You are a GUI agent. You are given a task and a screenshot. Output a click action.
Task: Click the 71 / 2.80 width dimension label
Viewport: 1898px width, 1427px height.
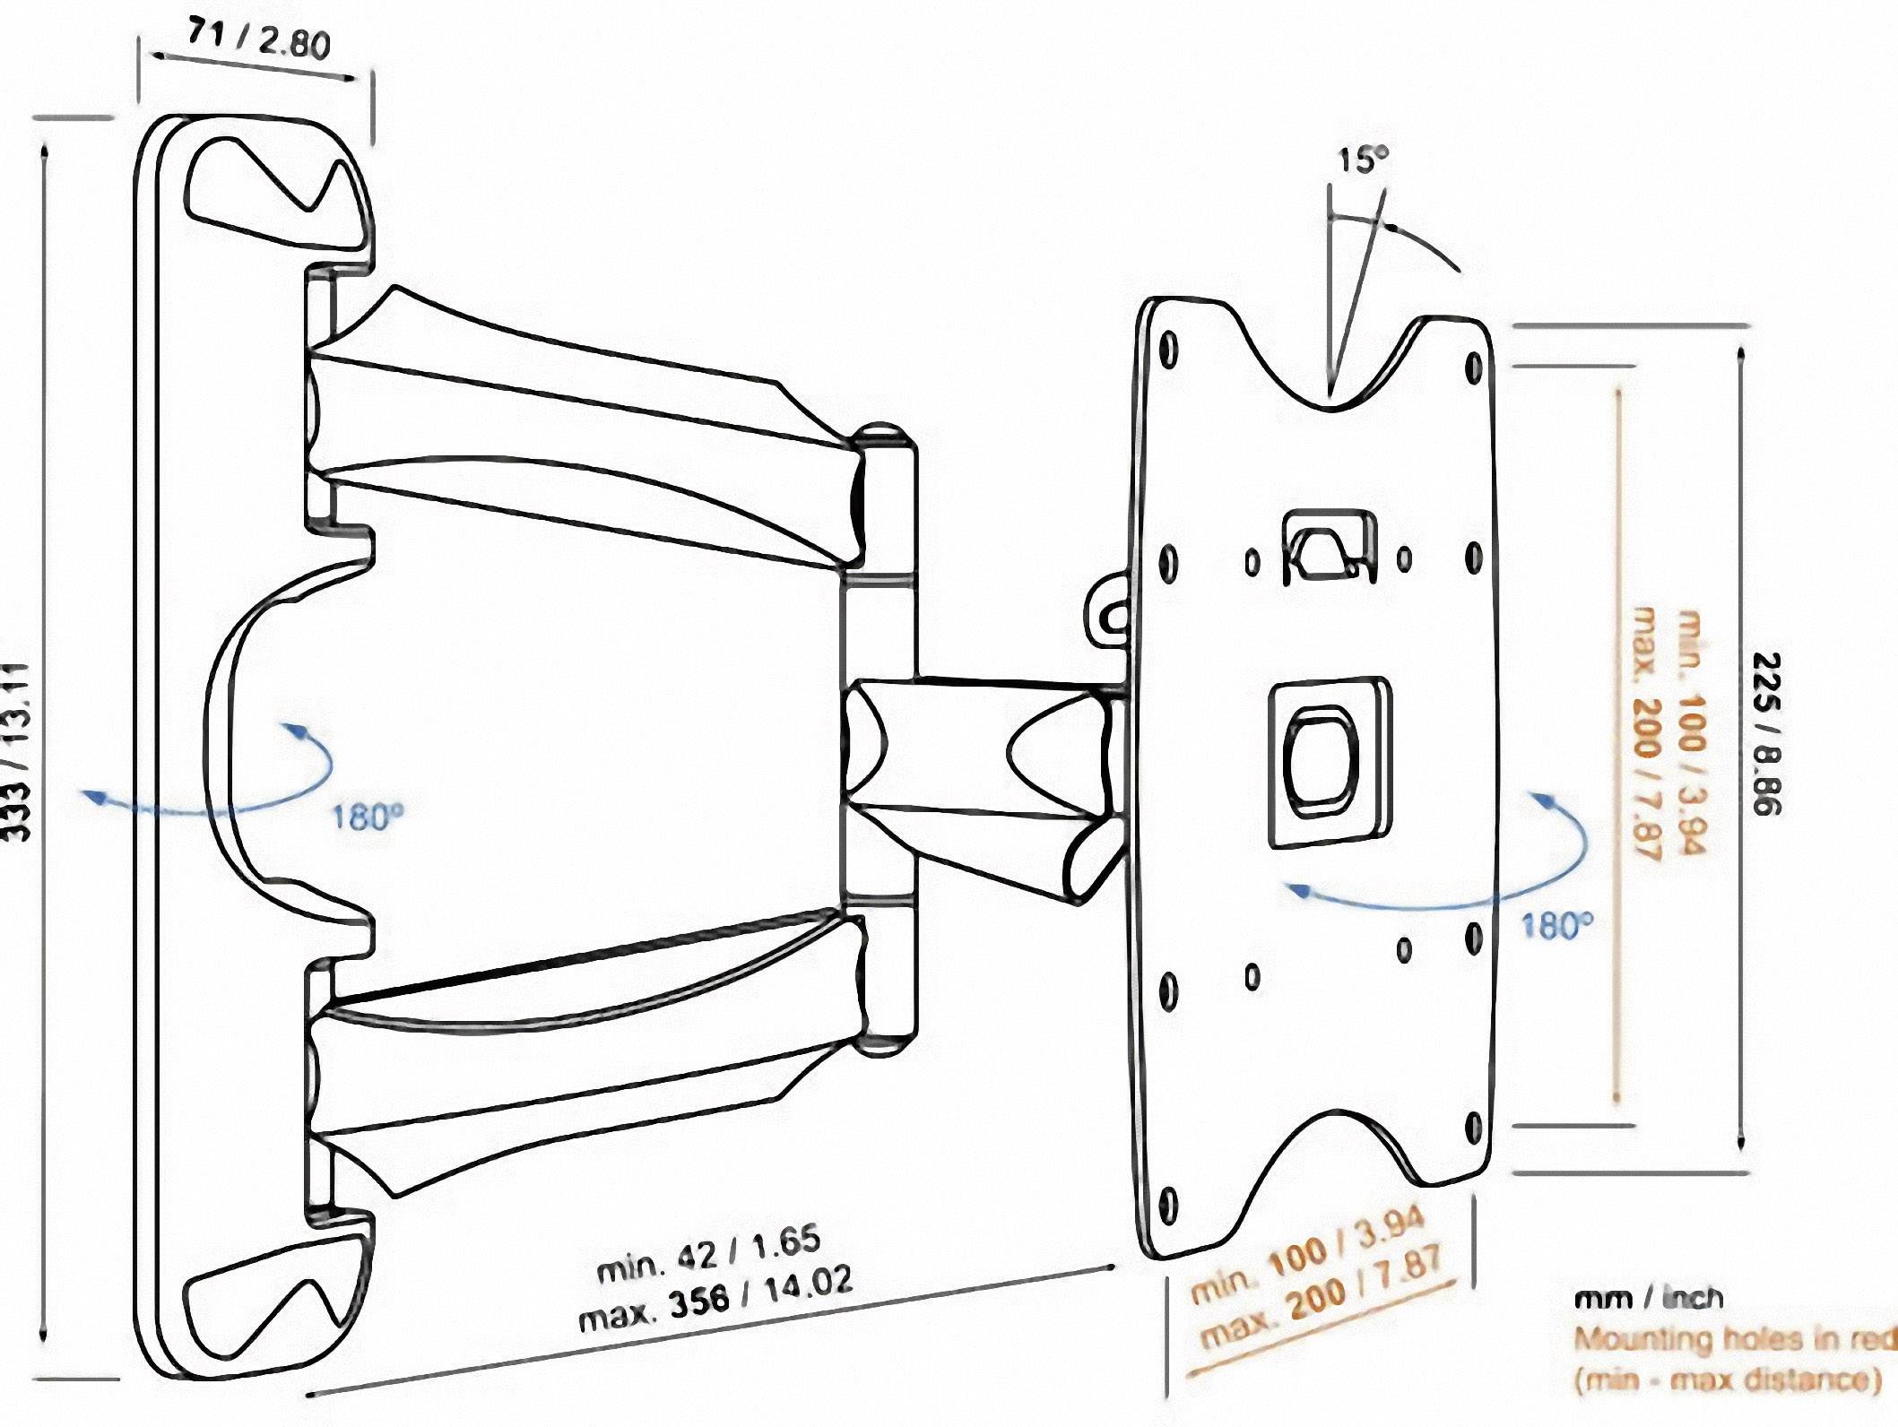pyautogui.click(x=258, y=39)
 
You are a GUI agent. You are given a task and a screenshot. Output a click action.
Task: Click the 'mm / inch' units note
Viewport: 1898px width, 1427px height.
pyautogui.click(x=1648, y=1297)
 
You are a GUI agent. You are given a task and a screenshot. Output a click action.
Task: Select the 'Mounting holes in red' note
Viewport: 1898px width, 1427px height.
pyautogui.click(x=1736, y=1339)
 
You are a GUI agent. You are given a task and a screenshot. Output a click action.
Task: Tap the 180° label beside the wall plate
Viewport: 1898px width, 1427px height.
pyautogui.click(x=368, y=817)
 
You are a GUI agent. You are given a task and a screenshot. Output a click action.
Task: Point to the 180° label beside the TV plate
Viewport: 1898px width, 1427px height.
pyautogui.click(x=1556, y=925)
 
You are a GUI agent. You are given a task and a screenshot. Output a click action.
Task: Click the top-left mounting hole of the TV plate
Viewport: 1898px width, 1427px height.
pyautogui.click(x=1168, y=349)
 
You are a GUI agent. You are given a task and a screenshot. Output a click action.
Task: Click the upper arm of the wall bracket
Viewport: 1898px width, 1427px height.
pyautogui.click(x=583, y=430)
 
